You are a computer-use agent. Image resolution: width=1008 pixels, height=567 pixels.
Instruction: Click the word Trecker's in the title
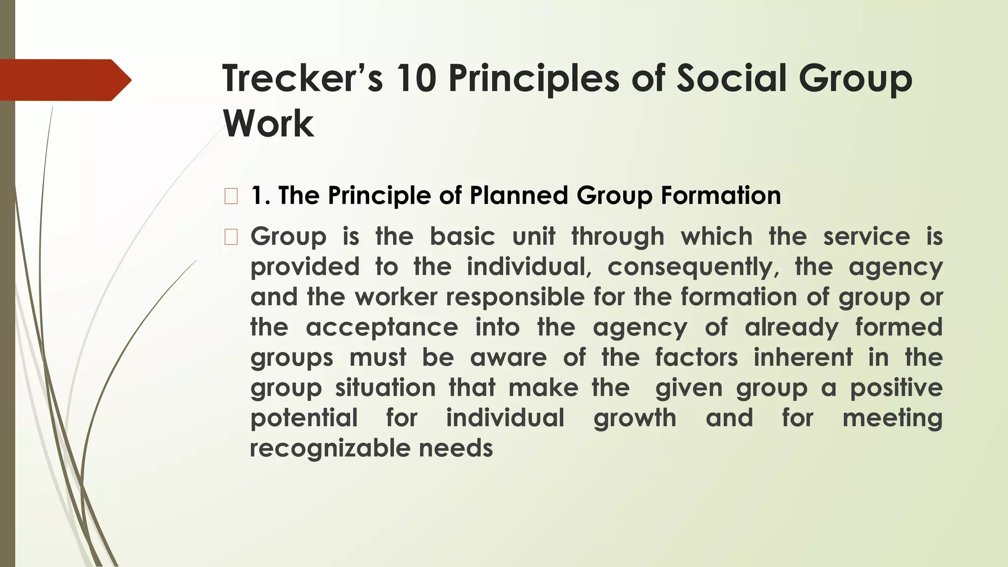pos(302,79)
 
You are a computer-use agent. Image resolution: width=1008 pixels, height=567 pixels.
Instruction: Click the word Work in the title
pos(268,124)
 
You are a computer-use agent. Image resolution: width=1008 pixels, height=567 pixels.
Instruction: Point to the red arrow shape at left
pos(64,80)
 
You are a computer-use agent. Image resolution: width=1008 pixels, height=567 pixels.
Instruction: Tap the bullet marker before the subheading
pos(231,196)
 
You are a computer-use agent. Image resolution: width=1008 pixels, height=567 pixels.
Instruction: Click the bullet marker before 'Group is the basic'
pos(231,237)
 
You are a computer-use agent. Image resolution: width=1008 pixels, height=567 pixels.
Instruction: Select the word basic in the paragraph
pos(462,237)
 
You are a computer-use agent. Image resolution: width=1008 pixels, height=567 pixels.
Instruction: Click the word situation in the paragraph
pos(385,388)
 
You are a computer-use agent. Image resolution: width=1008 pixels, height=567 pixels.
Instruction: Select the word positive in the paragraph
pos(896,388)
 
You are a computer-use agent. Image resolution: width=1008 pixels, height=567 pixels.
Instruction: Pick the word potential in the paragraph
pos(304,419)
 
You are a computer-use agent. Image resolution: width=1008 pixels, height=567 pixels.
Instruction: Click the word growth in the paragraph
pos(635,419)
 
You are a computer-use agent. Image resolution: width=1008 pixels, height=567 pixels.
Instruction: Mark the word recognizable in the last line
pos(329,449)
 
